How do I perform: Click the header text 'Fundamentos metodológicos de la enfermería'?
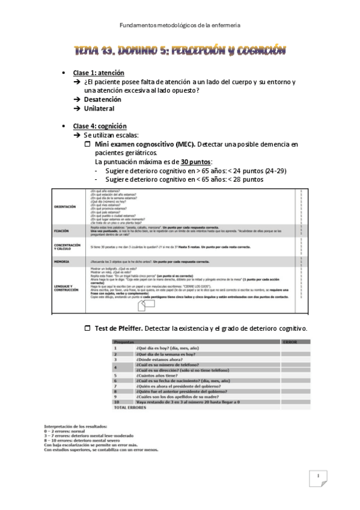pyautogui.click(x=180, y=25)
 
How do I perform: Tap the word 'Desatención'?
pyautogui.click(x=103, y=99)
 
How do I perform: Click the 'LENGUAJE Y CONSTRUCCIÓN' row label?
pyautogui.click(x=66, y=287)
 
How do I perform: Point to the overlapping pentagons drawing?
pyautogui.click(x=145, y=306)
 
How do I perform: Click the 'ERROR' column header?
pyautogui.click(x=290, y=342)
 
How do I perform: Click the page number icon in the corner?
pyautogui.click(x=317, y=478)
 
